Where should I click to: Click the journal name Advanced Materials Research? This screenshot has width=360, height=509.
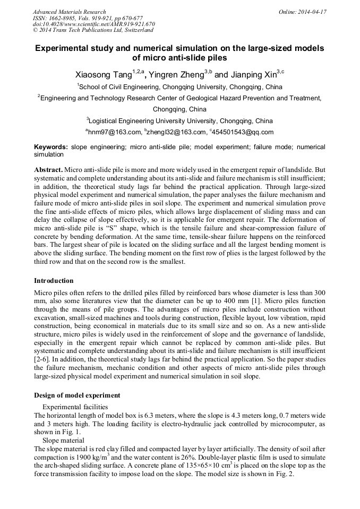[69, 12]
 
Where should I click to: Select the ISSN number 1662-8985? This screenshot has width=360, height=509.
[68, 18]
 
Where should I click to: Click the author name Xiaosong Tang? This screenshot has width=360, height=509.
[102, 75]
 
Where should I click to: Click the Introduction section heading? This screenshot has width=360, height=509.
[54, 280]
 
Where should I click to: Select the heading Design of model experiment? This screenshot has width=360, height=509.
[77, 395]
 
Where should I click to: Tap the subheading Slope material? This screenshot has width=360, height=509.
[61, 441]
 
